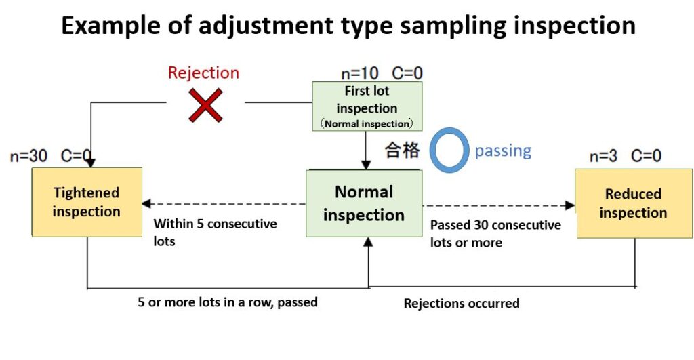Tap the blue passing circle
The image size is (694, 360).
click(446, 151)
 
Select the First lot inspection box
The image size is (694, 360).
click(367, 106)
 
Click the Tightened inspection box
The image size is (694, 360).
click(87, 202)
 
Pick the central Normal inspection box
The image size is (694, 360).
click(364, 203)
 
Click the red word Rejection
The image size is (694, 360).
click(203, 73)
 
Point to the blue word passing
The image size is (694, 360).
click(503, 151)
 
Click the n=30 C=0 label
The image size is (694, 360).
click(51, 156)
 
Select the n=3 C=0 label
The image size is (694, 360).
click(625, 156)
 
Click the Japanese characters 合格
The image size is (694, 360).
click(402, 151)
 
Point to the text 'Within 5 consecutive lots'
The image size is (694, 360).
click(215, 232)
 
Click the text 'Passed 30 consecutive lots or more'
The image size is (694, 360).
click(495, 233)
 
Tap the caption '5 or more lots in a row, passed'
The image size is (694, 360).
click(228, 302)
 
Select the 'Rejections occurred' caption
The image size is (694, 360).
click(462, 303)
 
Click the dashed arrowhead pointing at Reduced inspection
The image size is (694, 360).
click(569, 205)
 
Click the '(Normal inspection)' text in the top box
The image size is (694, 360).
click(367, 124)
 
